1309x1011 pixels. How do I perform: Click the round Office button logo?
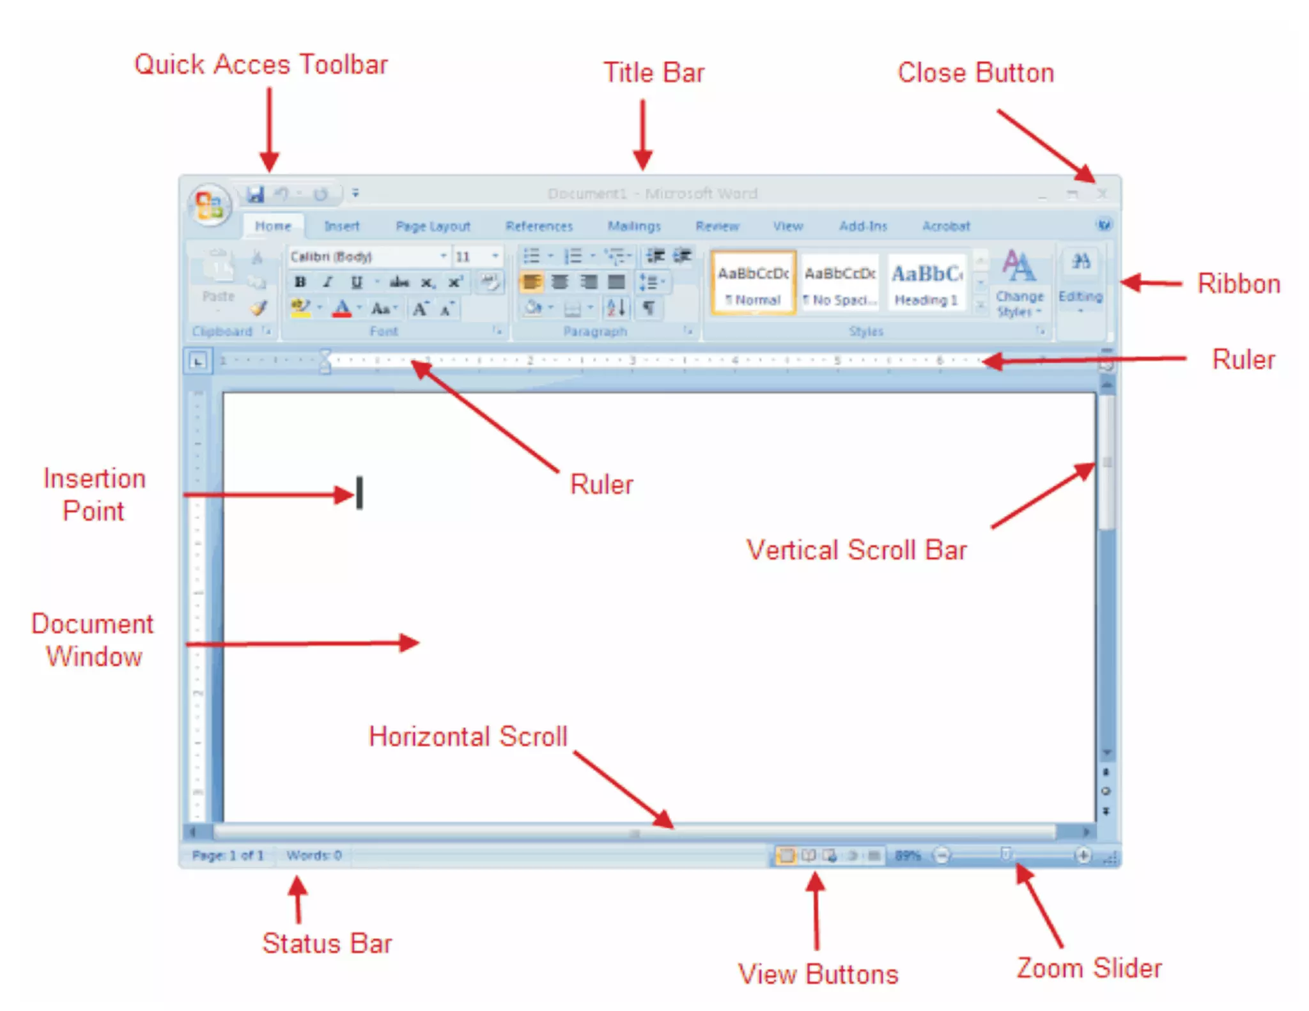(x=209, y=205)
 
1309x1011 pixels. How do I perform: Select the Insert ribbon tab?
(x=341, y=226)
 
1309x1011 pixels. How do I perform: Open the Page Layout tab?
(x=433, y=226)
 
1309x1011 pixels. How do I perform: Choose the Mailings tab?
(x=633, y=226)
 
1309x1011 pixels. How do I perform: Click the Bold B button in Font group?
(x=300, y=282)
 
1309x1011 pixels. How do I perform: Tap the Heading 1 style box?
(x=926, y=282)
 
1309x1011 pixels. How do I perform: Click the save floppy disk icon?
(x=256, y=194)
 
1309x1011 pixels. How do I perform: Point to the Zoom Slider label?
(x=1089, y=968)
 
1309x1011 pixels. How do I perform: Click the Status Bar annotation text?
(x=327, y=943)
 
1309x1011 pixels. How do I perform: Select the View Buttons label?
(x=818, y=974)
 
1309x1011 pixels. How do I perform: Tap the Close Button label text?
(x=975, y=73)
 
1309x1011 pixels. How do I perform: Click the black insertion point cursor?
(x=359, y=493)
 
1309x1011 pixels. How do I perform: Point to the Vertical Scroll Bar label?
(x=856, y=550)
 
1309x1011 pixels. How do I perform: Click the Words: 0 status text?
(x=314, y=855)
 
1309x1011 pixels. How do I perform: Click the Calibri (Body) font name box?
(x=364, y=257)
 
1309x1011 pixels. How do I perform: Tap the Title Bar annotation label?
(x=654, y=73)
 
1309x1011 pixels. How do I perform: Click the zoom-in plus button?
(x=1083, y=855)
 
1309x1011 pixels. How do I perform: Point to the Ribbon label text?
(x=1239, y=284)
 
